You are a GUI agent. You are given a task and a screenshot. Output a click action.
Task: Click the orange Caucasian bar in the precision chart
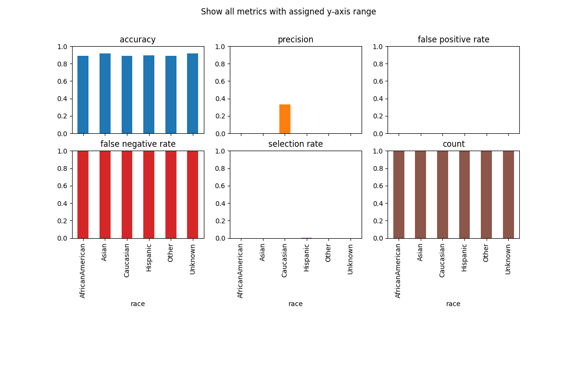pos(285,119)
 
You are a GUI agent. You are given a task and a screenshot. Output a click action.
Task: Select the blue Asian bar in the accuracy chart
pos(105,93)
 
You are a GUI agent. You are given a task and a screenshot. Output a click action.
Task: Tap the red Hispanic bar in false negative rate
pos(149,194)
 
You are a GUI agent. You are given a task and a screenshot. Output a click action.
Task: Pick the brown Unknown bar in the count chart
pos(508,194)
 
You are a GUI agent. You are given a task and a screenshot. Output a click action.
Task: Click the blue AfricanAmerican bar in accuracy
pos(83,95)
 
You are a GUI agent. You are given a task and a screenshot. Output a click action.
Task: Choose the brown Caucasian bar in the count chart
pos(442,194)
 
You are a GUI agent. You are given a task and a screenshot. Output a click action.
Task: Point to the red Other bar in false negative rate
pos(171,194)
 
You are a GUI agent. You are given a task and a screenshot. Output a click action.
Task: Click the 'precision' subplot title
pos(295,40)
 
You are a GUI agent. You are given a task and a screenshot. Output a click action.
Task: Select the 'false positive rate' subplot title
pos(453,40)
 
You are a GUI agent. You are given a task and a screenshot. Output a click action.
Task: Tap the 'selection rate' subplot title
pos(295,144)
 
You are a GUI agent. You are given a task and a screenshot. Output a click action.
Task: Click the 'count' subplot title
pos(453,144)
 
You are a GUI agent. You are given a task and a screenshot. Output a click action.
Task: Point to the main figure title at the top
pos(288,12)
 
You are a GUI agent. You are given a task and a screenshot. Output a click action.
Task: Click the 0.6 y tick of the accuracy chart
pos(63,81)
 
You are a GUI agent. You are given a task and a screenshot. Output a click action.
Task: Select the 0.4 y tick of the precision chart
pos(221,99)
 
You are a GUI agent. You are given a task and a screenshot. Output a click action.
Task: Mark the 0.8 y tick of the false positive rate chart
pos(378,64)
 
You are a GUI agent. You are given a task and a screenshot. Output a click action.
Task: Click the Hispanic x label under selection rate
pos(307,258)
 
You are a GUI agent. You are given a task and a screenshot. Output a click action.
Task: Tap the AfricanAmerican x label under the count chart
pos(398,270)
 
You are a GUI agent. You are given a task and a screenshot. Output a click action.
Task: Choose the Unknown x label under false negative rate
pos(193,259)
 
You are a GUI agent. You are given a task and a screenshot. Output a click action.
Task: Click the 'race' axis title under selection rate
pos(295,304)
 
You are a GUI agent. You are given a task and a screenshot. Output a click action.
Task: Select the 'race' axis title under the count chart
pos(453,304)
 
